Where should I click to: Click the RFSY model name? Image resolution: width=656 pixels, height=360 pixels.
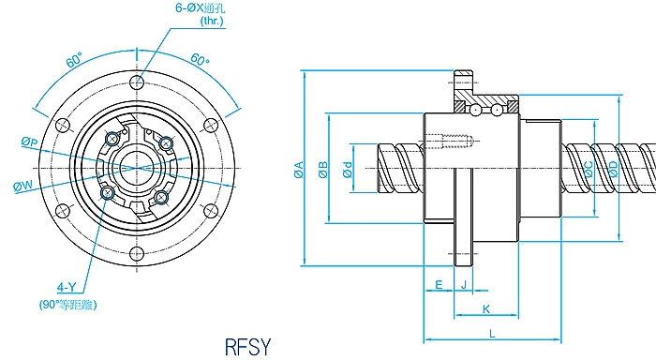pos(247,347)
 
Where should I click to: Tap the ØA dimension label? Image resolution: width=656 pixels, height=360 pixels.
pos(299,170)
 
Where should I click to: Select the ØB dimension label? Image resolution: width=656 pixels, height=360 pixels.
pos(323,170)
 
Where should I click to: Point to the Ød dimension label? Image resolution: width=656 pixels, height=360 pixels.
pos(348,170)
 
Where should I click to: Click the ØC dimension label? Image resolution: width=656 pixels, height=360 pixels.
pos(589,169)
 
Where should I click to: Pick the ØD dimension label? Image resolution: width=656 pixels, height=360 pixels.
pos(613,169)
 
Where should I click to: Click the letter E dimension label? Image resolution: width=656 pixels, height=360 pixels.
pos(439,285)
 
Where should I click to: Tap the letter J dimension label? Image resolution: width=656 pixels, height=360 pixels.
pos(464,285)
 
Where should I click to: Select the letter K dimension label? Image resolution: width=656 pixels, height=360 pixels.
pos(485,309)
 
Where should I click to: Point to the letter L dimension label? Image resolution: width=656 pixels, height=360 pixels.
pos(492,334)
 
